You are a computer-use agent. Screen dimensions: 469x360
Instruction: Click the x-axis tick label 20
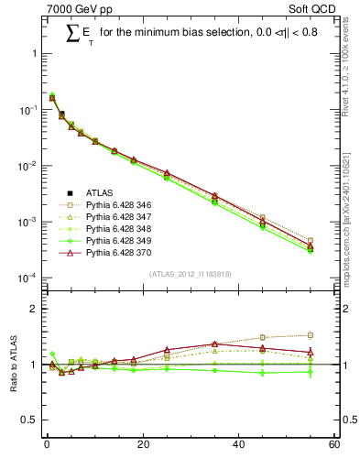coord(142,446)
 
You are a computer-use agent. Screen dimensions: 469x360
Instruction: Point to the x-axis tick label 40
coord(238,446)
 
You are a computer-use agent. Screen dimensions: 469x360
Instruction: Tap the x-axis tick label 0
coord(47,446)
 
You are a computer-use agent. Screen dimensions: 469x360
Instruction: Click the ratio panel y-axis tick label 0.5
coord(31,420)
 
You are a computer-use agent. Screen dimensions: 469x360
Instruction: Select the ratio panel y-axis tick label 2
coord(35,309)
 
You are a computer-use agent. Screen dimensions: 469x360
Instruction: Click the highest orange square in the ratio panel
coord(311,335)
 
